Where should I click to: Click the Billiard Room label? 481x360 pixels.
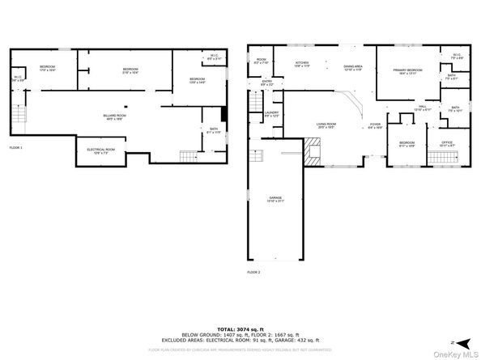[114, 116]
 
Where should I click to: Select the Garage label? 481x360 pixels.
[276, 199]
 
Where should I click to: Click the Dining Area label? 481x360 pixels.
[353, 68]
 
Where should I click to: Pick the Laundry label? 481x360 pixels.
[271, 115]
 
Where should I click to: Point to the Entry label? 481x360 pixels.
[267, 83]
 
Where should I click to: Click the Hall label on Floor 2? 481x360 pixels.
[423, 108]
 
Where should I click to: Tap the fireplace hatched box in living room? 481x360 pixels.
[313, 150]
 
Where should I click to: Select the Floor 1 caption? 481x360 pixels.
[16, 148]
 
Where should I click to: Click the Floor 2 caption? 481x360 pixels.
[254, 273]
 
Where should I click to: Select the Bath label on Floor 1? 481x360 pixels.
[212, 131]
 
